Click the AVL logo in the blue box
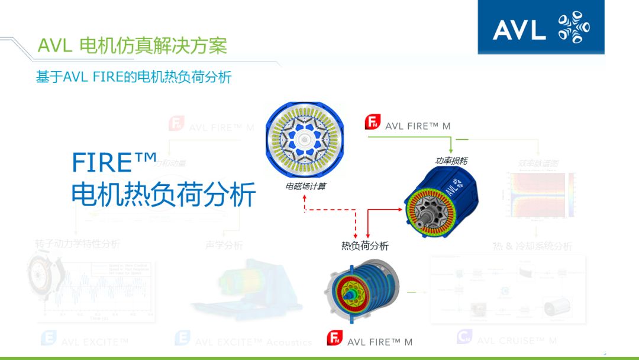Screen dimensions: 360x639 541,27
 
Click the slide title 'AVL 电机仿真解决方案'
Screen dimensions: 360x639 132,46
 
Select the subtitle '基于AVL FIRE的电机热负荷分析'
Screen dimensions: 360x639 133,77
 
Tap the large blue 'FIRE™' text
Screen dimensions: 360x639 115,162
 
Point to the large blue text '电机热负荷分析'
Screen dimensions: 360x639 163,194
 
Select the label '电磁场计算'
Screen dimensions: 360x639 305,186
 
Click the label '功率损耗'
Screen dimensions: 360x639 452,160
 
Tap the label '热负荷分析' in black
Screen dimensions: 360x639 365,245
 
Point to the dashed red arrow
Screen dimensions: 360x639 330,210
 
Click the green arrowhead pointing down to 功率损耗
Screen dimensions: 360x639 451,150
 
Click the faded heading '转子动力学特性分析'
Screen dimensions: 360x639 77,243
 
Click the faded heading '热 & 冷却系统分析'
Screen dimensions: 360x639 532,246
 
